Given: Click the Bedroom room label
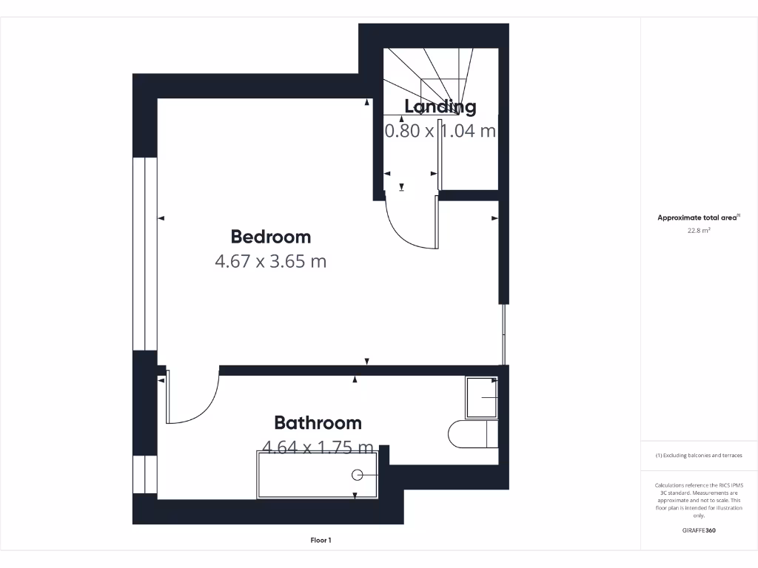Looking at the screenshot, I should click(270, 237).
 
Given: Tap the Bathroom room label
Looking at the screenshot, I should click(318, 422).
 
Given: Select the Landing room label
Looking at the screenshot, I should click(440, 106).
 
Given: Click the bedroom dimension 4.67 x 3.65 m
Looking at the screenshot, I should click(270, 261).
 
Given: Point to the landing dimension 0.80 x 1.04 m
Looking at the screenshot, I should click(440, 131).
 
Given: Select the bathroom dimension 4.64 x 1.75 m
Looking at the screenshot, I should click(318, 447).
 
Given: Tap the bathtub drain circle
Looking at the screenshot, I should click(358, 475).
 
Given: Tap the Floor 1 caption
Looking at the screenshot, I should click(321, 541).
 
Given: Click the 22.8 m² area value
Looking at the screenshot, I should click(699, 231).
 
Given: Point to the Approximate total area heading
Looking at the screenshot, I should click(699, 217).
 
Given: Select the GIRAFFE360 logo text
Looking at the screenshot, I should click(699, 530).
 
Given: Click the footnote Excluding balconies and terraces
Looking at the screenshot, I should click(699, 456).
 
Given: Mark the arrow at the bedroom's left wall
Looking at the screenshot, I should click(161, 218).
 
